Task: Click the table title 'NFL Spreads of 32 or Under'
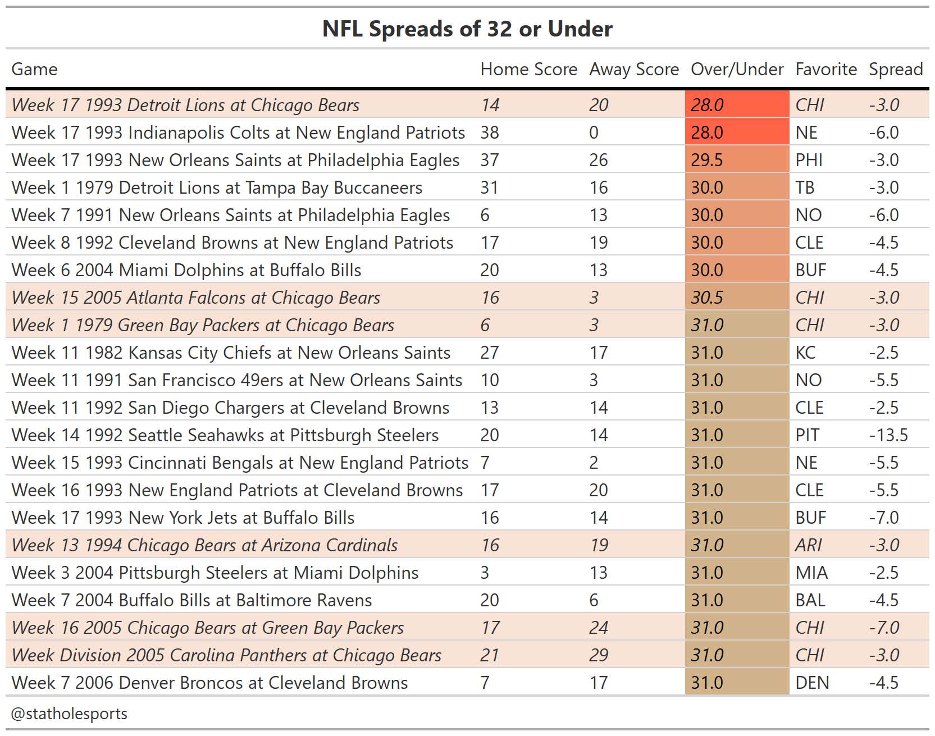click(467, 29)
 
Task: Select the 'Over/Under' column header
click(737, 69)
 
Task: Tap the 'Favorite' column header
click(825, 69)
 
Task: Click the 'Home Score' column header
click(528, 69)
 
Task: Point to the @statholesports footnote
click(69, 714)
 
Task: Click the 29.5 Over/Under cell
click(706, 160)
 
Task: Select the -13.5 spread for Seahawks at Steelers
click(888, 435)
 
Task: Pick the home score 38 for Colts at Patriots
click(490, 132)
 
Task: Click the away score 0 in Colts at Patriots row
click(594, 132)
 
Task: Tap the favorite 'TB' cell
click(805, 188)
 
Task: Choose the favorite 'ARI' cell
click(808, 545)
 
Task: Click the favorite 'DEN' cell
click(811, 683)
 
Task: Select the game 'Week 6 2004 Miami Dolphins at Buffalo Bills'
click(186, 270)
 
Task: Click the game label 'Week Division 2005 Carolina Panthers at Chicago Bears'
click(226, 655)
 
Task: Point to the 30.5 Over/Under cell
click(706, 298)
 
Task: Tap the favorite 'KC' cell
click(805, 353)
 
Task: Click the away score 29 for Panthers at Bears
click(599, 655)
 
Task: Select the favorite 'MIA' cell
click(811, 573)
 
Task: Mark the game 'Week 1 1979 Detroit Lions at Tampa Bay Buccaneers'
click(217, 188)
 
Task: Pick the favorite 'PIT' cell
click(807, 435)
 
